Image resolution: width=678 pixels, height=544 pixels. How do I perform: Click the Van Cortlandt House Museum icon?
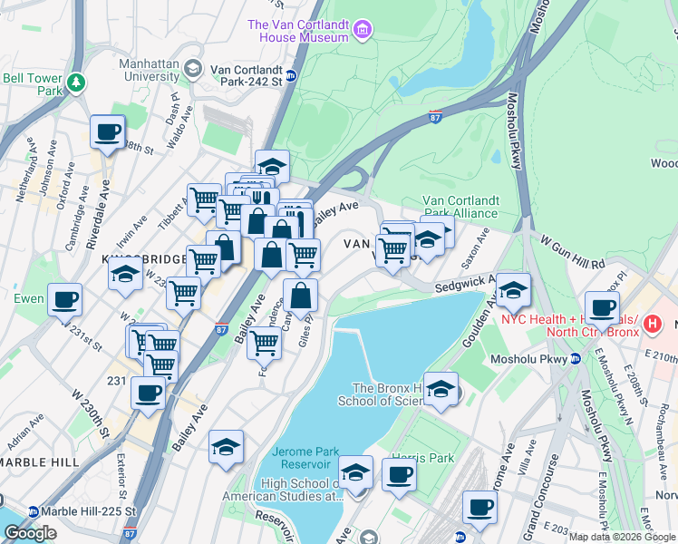tap(363, 30)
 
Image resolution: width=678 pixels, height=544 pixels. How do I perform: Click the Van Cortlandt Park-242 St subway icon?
tap(291, 76)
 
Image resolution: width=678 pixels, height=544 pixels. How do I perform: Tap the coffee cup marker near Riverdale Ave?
tap(107, 132)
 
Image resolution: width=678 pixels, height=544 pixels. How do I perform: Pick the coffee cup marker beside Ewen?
tap(64, 299)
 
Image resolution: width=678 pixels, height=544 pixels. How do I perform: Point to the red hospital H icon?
tap(650, 324)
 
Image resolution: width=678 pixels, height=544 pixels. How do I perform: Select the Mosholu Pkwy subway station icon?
tap(575, 358)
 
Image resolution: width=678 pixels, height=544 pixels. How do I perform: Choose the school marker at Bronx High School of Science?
tap(441, 390)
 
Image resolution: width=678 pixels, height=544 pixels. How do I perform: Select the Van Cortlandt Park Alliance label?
tap(460, 207)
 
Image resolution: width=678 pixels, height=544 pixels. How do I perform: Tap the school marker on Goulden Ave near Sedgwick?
tap(513, 291)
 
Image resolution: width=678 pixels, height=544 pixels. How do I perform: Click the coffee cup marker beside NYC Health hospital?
tap(602, 307)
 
